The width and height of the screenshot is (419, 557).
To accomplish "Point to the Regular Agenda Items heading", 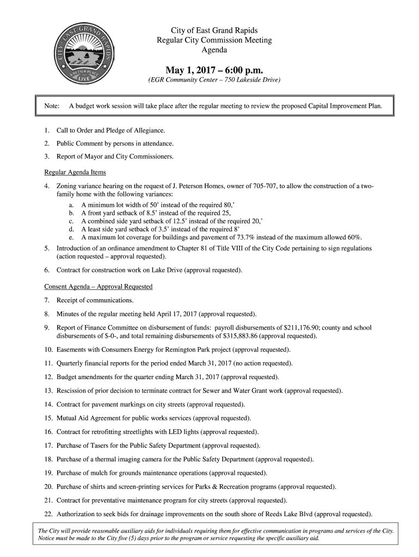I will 75,172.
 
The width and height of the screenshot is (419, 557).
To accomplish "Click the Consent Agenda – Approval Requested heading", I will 98,286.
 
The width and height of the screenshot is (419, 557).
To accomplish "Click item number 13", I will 48,391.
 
